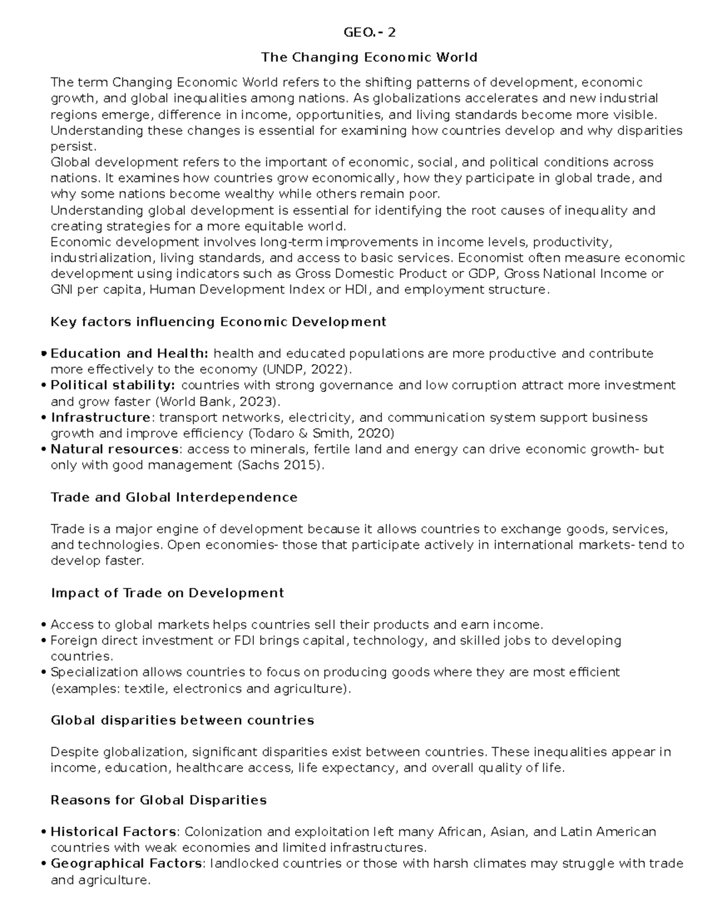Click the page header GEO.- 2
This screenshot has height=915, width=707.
(x=369, y=32)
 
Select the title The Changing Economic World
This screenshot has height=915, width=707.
(x=369, y=57)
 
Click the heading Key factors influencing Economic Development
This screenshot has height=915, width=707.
(x=218, y=322)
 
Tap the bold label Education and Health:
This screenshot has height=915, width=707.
(x=130, y=354)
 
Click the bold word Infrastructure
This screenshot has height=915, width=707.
(x=100, y=417)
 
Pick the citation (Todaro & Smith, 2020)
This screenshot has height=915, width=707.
(x=321, y=433)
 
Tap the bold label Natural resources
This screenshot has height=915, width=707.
(x=114, y=449)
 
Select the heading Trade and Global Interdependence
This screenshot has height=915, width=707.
(x=174, y=497)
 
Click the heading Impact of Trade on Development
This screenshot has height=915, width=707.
(x=167, y=593)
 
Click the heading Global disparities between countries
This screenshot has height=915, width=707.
(x=182, y=720)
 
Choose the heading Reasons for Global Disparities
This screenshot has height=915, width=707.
(x=158, y=800)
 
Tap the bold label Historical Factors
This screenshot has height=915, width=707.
(x=113, y=832)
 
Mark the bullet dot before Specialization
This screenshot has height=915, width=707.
(x=45, y=673)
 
